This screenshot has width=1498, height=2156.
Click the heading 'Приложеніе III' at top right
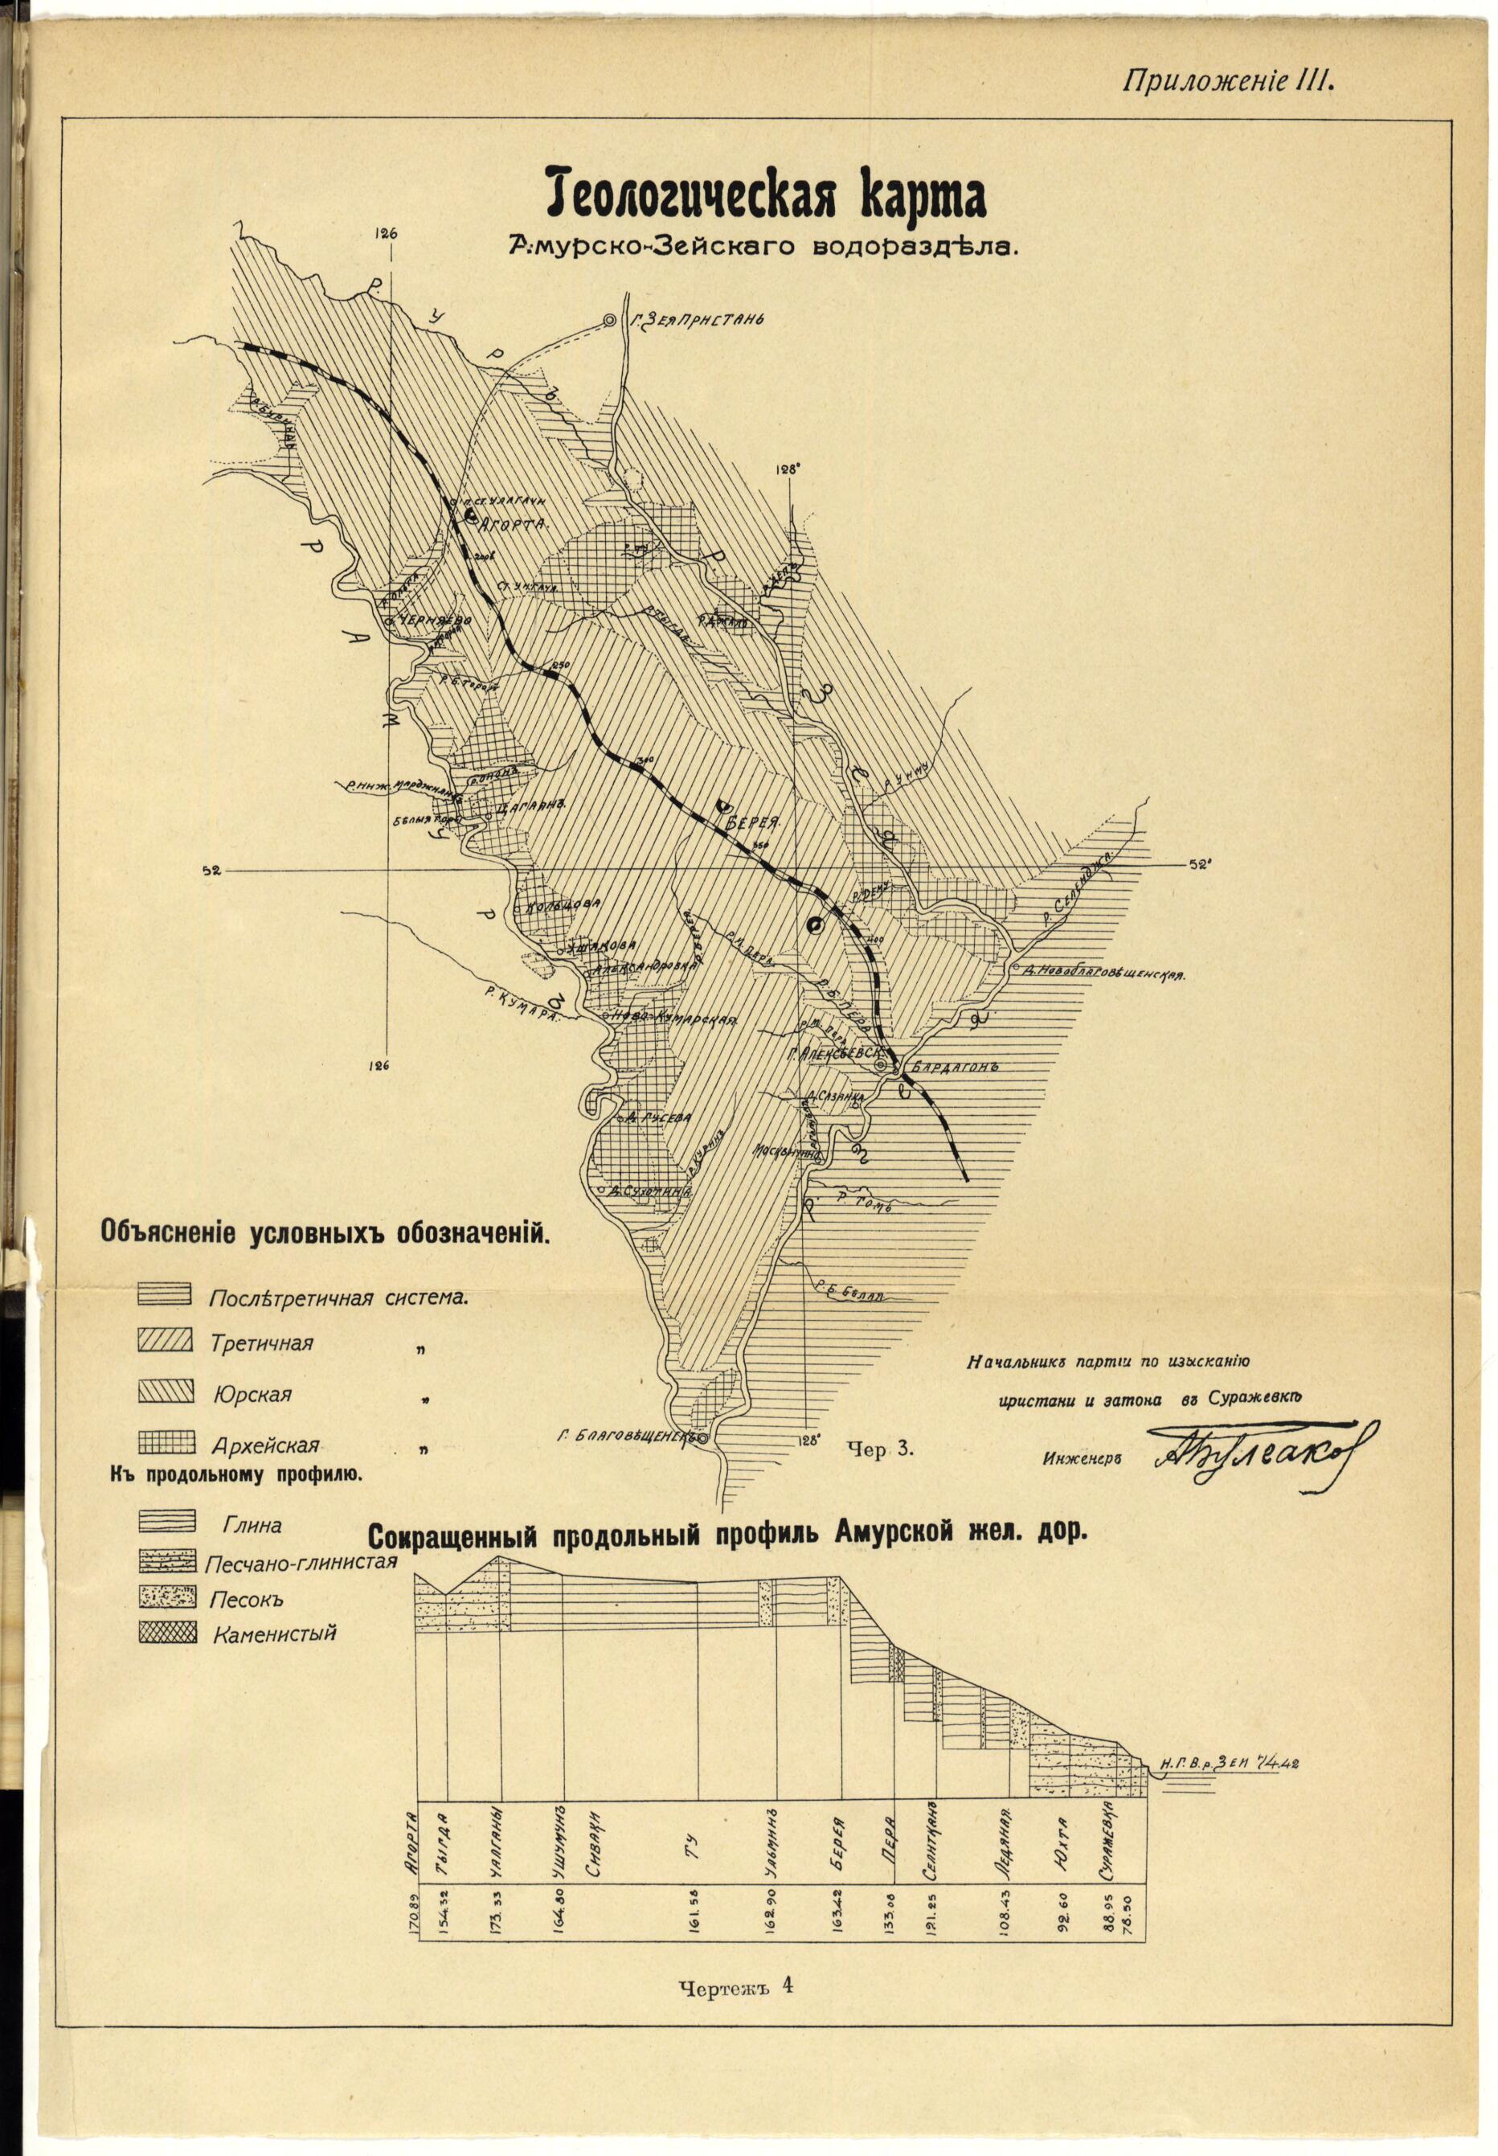pos(1229,82)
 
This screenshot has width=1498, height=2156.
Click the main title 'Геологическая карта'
pos(765,195)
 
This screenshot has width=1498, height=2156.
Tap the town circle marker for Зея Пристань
pos(609,320)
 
